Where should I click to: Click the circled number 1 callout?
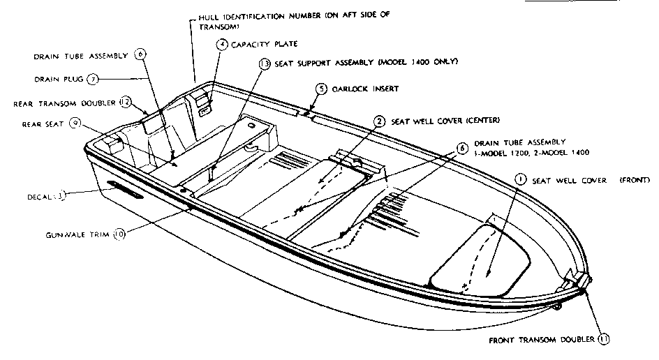click(x=520, y=179)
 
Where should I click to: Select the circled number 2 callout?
click(x=379, y=121)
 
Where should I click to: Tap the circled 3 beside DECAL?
click(x=61, y=196)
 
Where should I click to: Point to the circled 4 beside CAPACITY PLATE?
click(x=221, y=44)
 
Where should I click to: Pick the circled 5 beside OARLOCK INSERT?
click(x=320, y=89)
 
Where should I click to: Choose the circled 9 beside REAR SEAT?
click(x=75, y=123)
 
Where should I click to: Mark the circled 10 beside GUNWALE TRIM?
click(x=119, y=235)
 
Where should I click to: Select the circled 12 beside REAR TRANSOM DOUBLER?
click(x=126, y=102)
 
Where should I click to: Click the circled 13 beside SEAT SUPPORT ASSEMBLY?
click(x=264, y=63)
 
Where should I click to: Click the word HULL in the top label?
click(x=210, y=17)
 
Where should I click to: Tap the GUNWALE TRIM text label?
click(x=80, y=235)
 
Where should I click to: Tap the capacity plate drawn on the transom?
click(x=206, y=109)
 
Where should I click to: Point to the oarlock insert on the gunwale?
click(x=306, y=112)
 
